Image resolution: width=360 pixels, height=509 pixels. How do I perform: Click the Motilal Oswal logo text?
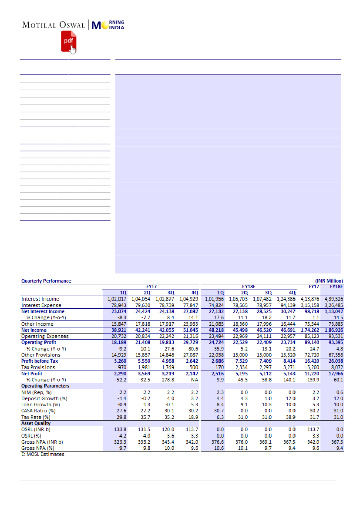click(x=54, y=25)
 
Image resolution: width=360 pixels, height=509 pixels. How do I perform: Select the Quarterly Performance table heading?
click(x=46, y=281)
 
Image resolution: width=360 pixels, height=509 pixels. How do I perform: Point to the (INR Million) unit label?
click(x=329, y=281)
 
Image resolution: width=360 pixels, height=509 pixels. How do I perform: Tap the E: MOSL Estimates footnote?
click(x=43, y=454)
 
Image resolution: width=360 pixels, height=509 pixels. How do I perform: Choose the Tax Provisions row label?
click(x=38, y=367)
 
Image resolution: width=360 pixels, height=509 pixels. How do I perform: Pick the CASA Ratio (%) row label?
click(x=38, y=411)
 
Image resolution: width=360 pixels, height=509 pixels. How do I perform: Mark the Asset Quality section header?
click(x=36, y=423)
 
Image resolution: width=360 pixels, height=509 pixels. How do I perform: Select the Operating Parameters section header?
click(x=45, y=386)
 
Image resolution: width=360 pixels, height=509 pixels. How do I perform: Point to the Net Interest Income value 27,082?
click(x=189, y=311)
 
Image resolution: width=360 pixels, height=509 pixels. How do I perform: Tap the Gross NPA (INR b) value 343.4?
click(x=168, y=442)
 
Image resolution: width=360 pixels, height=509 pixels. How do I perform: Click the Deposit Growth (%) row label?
click(x=41, y=398)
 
